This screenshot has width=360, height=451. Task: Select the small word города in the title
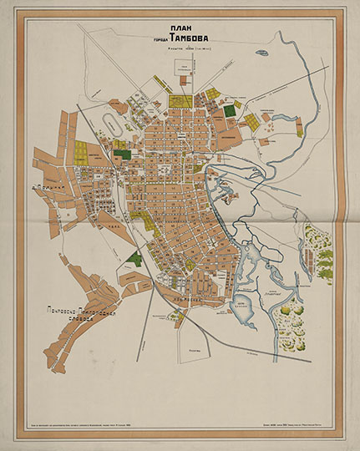coord(155,38)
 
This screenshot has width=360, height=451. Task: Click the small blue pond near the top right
coord(262,53)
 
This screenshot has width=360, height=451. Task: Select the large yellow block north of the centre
coord(180,101)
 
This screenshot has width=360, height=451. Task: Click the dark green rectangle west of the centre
coord(122,154)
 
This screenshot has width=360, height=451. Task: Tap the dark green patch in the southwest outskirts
coord(134,259)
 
